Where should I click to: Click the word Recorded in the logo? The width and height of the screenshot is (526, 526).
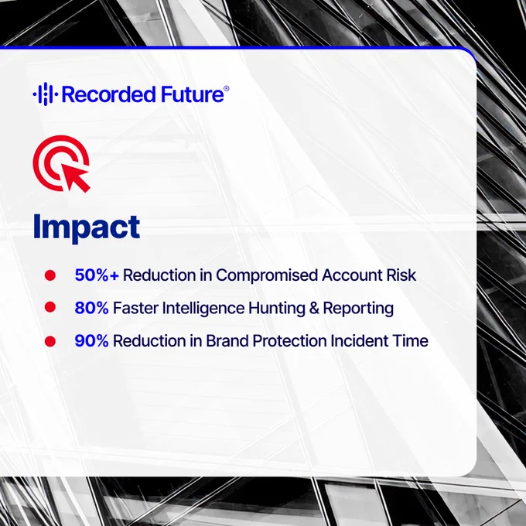[109, 94]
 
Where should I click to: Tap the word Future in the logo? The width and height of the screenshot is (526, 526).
[192, 94]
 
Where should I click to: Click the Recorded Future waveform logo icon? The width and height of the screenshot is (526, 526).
[46, 94]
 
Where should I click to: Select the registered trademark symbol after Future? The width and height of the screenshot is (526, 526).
[227, 88]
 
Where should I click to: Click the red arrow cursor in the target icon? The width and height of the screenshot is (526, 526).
[76, 178]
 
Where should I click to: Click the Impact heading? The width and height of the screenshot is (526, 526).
[87, 227]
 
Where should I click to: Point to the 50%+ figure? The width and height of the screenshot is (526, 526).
[97, 275]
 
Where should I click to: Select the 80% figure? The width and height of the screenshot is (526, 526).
[91, 308]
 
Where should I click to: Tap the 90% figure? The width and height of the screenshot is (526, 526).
[91, 341]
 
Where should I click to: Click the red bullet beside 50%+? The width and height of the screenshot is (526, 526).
[50, 275]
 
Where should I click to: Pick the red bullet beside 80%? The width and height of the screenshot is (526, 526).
[50, 307]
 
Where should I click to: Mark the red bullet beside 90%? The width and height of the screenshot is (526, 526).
[50, 341]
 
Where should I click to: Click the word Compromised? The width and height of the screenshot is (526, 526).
[267, 275]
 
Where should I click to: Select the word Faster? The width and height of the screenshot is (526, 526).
[135, 308]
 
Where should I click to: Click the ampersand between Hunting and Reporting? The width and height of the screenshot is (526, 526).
[314, 308]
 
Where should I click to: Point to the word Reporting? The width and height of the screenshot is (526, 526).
[358, 309]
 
